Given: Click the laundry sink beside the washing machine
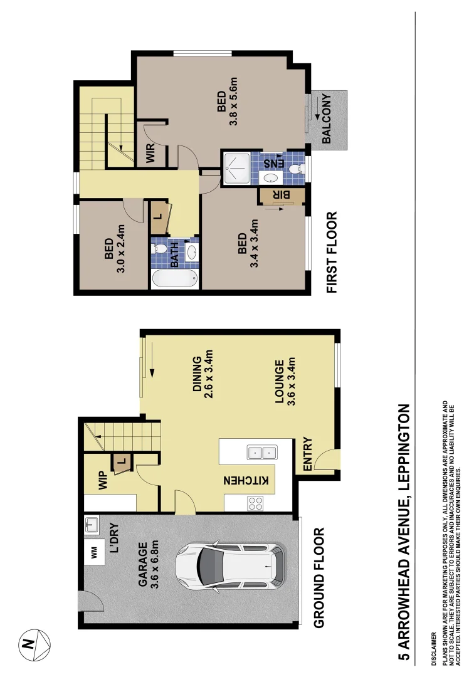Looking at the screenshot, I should (92, 525).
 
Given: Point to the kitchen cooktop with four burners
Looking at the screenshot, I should (256, 503).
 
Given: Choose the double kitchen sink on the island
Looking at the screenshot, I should (262, 453).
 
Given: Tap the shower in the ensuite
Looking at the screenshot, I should (235, 168).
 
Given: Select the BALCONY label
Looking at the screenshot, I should (326, 119).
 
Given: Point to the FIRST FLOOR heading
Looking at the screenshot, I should (330, 253).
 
